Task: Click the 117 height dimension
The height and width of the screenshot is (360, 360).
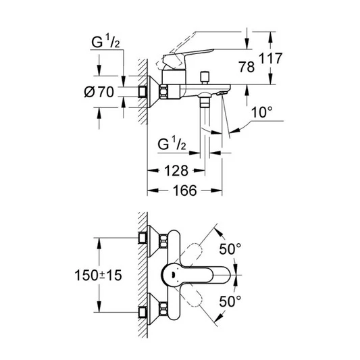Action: (x=271, y=59)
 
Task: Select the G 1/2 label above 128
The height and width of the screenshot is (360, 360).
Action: (x=172, y=144)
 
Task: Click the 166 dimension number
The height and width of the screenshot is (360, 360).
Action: (x=183, y=192)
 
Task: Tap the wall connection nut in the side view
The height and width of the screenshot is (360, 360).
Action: (x=144, y=92)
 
